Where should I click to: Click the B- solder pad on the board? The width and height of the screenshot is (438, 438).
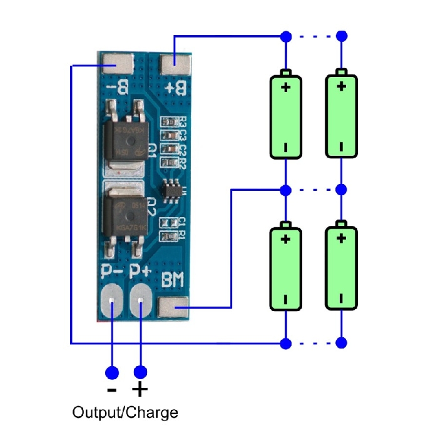click(117, 63)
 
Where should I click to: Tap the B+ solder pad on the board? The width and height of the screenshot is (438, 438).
click(175, 63)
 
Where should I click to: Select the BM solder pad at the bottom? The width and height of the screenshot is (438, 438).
click(173, 307)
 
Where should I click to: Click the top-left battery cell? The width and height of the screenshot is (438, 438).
click(286, 116)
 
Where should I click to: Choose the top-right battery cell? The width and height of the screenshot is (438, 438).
click(341, 116)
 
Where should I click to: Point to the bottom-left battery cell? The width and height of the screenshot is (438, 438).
click(286, 268)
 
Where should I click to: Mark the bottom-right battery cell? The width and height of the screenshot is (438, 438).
click(341, 268)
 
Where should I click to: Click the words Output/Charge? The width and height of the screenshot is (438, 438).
click(125, 413)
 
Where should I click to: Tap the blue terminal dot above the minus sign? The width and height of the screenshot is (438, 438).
click(112, 373)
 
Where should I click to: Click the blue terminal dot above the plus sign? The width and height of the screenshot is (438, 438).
click(141, 373)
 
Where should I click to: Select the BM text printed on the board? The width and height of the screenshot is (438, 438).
click(173, 281)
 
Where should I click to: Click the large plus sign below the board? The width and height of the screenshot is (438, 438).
click(141, 390)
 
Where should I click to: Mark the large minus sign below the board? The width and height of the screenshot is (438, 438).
click(112, 390)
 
